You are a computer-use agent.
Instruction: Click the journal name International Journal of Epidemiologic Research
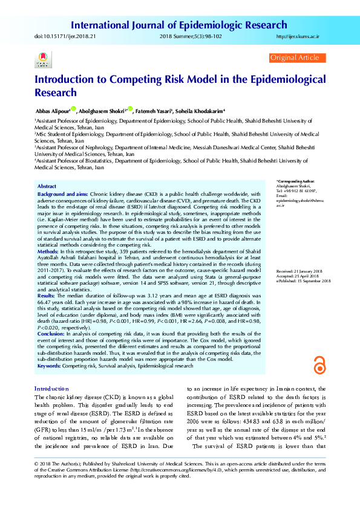pos(179,25)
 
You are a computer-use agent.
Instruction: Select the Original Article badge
pos(294,57)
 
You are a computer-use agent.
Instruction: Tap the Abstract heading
pos(47,186)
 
